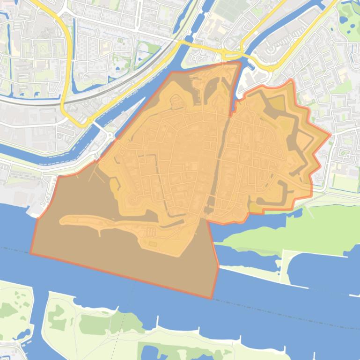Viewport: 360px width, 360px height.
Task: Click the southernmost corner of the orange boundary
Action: pyautogui.click(x=212, y=298)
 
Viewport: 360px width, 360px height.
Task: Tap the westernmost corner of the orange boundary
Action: pyautogui.click(x=31, y=254)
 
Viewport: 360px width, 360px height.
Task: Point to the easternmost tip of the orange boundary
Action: pyautogui.click(x=331, y=135)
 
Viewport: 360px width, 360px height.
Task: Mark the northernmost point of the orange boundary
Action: pyautogui.click(x=240, y=61)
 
